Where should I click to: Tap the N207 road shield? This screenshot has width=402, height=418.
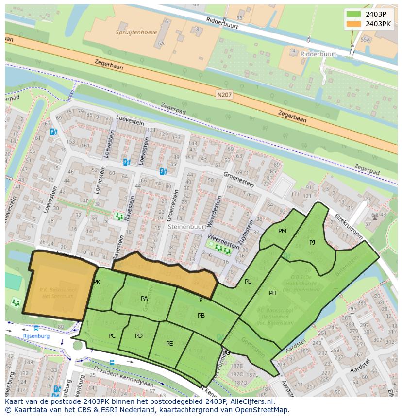[x=224, y=95]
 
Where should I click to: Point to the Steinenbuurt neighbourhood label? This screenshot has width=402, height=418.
[x=186, y=226]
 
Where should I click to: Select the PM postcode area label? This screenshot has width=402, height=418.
[x=282, y=231]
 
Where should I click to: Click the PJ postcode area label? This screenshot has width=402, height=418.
[x=312, y=242]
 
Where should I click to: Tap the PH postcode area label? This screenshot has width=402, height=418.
[x=273, y=293]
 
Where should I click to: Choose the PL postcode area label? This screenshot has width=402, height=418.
[x=248, y=282]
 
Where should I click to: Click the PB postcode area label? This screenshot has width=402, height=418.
[x=201, y=316]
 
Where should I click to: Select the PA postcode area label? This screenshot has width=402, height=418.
[x=144, y=299]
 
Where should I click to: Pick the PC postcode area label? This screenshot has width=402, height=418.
[x=112, y=335]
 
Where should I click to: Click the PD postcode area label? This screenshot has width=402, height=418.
[x=139, y=335]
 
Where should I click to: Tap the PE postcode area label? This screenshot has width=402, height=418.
[x=169, y=343]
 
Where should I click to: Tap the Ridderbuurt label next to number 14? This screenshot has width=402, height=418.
[x=318, y=54]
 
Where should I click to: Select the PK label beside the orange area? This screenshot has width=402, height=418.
[x=97, y=282]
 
